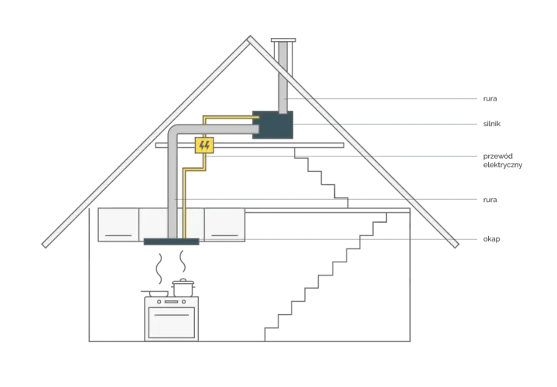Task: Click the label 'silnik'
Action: (x=492, y=124)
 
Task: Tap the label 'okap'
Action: (x=491, y=239)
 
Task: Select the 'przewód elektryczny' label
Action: (x=502, y=161)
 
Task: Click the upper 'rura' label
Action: (x=490, y=98)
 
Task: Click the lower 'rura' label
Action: (x=490, y=200)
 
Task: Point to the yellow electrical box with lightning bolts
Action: (x=204, y=146)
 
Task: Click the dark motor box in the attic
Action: (x=272, y=125)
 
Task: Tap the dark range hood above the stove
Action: (x=171, y=241)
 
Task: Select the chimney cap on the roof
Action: (x=283, y=40)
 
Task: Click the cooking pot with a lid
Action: (x=183, y=287)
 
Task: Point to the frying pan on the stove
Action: (x=155, y=293)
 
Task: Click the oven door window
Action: (x=172, y=323)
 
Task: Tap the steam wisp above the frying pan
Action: (x=160, y=269)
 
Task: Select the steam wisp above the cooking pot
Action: (x=183, y=261)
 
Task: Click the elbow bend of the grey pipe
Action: (x=175, y=132)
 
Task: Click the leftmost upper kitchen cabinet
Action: (x=118, y=225)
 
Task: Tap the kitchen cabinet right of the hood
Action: (x=224, y=225)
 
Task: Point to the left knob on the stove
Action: (x=159, y=302)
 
